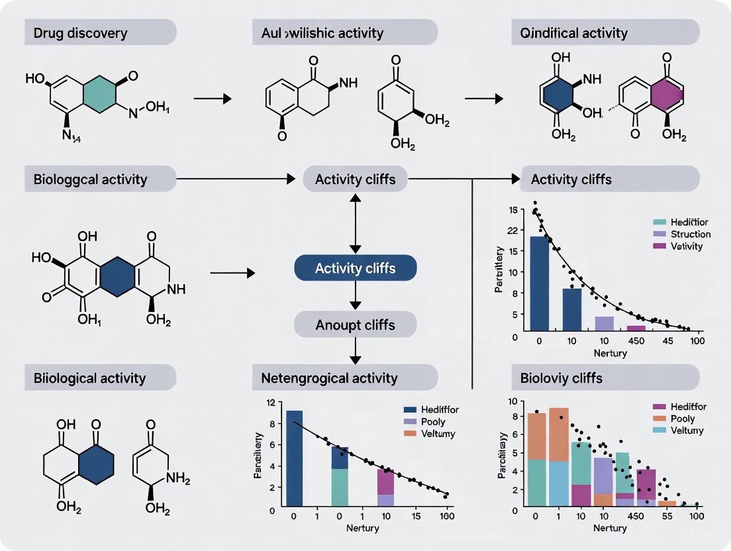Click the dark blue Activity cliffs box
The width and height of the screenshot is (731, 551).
coord(355,268)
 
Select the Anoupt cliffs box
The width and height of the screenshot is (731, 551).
coord(355,325)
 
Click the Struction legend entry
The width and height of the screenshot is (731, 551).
coord(690,234)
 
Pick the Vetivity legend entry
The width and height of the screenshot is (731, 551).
coord(686,246)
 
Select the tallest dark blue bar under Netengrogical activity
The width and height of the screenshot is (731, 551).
coord(294,458)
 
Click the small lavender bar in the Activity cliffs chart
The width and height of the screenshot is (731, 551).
coord(604,323)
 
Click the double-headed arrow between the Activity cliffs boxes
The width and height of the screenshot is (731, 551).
coord(356,223)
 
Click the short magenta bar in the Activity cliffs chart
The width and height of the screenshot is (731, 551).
coord(636,328)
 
